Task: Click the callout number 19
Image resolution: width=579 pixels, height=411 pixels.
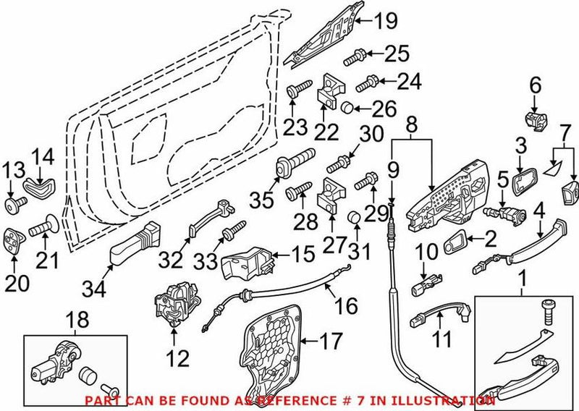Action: tap(386, 21)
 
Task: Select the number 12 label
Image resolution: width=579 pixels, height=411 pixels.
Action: tap(177, 357)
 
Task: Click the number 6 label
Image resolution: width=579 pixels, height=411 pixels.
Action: tap(535, 86)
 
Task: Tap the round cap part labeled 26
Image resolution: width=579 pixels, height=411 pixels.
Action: tap(347, 109)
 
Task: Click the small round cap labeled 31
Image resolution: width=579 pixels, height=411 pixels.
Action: tap(355, 217)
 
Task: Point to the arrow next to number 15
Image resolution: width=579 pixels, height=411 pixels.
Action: tap(285, 255)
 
